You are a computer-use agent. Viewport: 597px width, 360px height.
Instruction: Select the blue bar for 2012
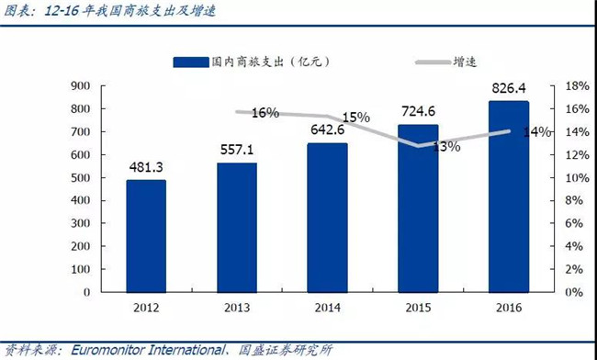(x=146, y=235)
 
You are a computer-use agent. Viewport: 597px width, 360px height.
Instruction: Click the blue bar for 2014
(x=327, y=217)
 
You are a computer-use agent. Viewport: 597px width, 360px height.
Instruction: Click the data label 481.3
(x=146, y=166)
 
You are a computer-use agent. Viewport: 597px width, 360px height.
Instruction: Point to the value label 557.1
(x=236, y=149)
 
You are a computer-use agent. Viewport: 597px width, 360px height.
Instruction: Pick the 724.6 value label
(x=418, y=111)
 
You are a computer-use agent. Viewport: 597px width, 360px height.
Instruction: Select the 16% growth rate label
(x=265, y=113)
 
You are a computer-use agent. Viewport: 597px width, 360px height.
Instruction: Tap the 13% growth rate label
(x=446, y=147)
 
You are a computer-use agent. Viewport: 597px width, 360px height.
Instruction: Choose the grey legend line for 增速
(x=432, y=62)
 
